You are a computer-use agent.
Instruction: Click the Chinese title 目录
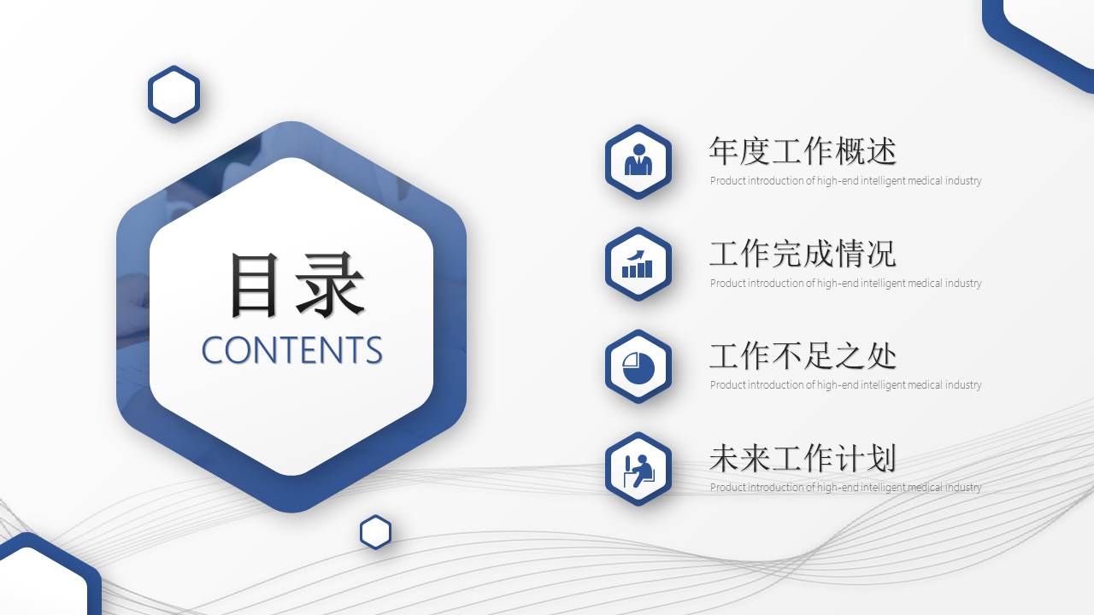tap(296, 285)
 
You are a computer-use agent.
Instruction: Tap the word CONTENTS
tap(291, 350)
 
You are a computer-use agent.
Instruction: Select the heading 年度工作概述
tap(802, 151)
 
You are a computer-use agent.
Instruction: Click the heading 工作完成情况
tap(802, 254)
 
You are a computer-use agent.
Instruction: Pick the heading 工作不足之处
tap(802, 355)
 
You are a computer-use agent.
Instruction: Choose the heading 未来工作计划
tap(802, 459)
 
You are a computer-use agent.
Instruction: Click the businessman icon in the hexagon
tap(638, 161)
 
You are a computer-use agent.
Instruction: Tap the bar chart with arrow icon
tap(638, 264)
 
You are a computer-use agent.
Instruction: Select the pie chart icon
tap(638, 366)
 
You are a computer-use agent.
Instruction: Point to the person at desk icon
tap(638, 469)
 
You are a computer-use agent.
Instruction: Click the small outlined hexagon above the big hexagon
tap(174, 94)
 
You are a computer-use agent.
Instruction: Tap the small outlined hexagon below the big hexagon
tap(375, 532)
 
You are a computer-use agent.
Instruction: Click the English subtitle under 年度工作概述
tap(845, 181)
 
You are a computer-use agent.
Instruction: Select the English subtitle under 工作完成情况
tap(845, 284)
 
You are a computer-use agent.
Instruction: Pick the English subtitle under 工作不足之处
tap(845, 385)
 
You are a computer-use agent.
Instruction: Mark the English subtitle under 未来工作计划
tap(845, 488)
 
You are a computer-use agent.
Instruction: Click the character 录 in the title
tap(331, 285)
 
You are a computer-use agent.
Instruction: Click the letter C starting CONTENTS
tap(213, 350)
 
